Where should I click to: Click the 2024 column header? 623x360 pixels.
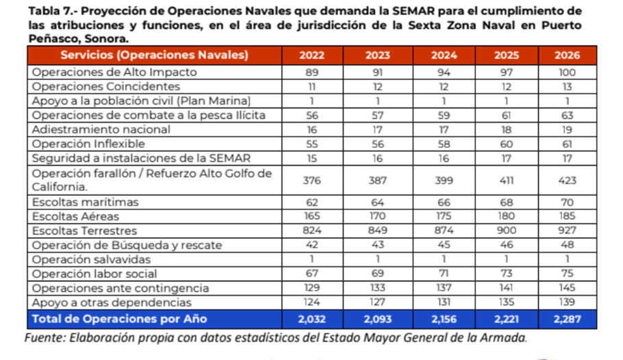coord(444,55)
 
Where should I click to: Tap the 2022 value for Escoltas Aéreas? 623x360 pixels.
coord(312,216)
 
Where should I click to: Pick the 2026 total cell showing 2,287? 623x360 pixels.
coord(566,319)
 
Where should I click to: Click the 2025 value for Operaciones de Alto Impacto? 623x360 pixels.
coord(506,72)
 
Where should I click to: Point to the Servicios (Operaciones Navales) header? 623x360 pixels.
coord(155,55)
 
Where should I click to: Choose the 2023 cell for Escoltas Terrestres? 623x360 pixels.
coord(378,231)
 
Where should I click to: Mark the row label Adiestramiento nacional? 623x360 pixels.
coord(101,129)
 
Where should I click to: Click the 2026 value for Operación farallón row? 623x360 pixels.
coord(566,181)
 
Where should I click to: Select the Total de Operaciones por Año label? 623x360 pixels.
coord(119,319)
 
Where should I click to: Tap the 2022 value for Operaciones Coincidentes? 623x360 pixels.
coord(312,86)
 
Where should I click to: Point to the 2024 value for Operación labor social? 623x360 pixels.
coord(444,274)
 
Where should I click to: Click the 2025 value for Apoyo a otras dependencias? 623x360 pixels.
coord(506,303)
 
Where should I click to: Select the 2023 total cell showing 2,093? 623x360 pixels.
coord(378,319)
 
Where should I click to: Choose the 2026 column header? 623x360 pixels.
coord(566,55)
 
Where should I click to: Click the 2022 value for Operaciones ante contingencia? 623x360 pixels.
coord(312,288)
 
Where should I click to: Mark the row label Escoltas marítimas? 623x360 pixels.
coord(86,202)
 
